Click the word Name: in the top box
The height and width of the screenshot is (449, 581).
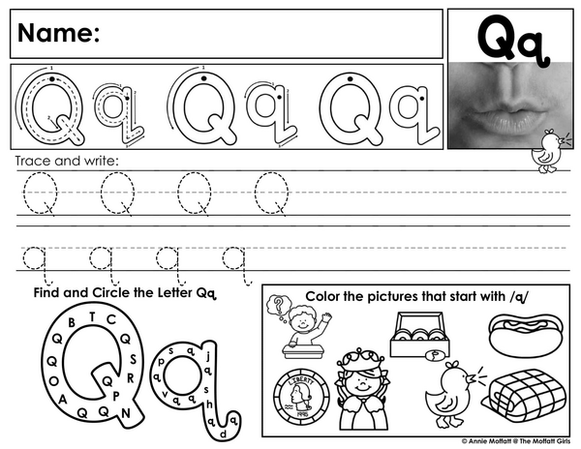(58, 33)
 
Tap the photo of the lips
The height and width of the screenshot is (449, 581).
(510, 105)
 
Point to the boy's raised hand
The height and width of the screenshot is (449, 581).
(326, 316)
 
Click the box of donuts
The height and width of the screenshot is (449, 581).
(420, 336)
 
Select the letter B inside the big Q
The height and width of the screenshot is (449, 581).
(72, 322)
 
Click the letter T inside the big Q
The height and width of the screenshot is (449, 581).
(92, 316)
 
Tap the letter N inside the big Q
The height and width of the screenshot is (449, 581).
(126, 413)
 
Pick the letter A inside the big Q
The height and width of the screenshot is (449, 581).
(63, 400)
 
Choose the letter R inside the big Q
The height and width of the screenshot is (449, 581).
(131, 378)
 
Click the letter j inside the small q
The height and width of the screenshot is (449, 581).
(208, 356)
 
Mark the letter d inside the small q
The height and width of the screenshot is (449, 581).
(223, 434)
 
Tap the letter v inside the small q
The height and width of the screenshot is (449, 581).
(166, 394)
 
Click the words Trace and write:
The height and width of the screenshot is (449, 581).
(67, 161)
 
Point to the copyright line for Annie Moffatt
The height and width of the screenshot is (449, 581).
(516, 441)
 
